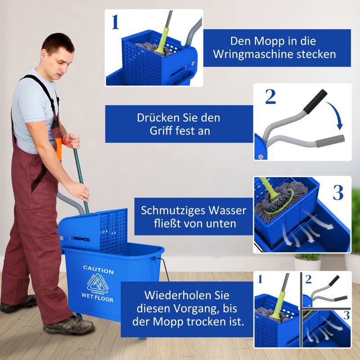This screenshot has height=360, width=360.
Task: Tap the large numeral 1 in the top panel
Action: [x=115, y=22]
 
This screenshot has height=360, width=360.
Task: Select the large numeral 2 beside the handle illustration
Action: [x=270, y=97]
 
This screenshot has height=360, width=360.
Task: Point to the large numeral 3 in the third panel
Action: [x=338, y=192]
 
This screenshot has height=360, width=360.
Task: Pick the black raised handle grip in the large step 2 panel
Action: [x=315, y=101]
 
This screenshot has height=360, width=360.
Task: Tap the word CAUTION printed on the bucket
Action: [x=98, y=271]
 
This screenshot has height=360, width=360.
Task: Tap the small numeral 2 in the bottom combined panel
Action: [x=308, y=279]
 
